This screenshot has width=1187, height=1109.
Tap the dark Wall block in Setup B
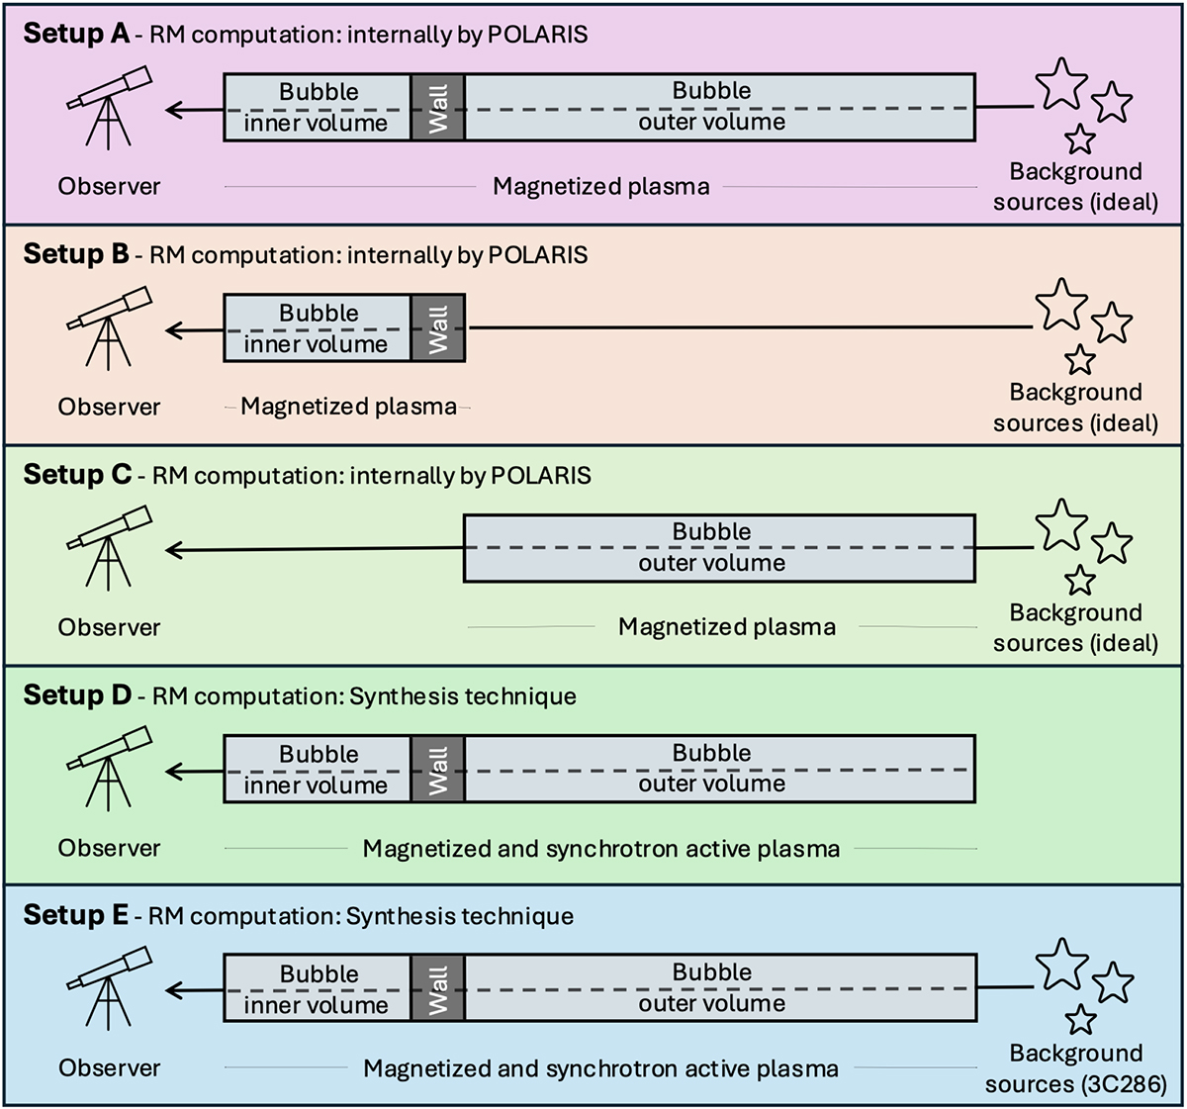438,327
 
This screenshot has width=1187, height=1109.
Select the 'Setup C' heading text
77,475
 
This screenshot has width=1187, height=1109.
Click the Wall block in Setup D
438,769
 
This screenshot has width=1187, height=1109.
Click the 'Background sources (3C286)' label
1076,1068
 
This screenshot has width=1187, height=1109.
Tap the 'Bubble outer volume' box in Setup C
719,547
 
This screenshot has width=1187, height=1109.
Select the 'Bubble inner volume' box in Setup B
318,327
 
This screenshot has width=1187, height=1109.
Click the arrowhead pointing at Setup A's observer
175,110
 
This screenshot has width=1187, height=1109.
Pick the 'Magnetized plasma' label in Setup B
348,407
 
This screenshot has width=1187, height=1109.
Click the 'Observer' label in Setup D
109,848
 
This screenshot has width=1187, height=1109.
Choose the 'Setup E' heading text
75,915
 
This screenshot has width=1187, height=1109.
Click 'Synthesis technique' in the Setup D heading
462,695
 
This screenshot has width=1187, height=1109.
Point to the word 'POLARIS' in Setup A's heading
539,35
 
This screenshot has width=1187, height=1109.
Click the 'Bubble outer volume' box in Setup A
719,106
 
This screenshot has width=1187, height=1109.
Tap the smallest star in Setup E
1081,1019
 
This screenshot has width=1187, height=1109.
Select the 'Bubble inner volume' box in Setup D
318,769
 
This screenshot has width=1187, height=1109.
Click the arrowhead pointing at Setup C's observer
175,550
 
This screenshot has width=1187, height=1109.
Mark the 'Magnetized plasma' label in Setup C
727,627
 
